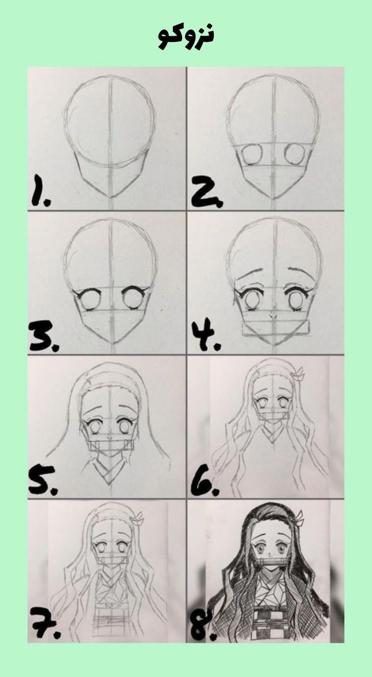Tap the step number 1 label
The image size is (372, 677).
tap(40, 191)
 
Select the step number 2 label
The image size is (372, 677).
tap(207, 191)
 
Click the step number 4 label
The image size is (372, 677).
tap(206, 336)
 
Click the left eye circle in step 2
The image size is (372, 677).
tap(253, 154)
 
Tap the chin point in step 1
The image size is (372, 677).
tap(111, 197)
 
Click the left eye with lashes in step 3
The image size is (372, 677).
tap(87, 300)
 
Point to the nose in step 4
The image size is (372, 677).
tap(273, 315)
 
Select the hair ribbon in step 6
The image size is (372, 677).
tap(297, 375)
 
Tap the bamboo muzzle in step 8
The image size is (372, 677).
tap(272, 560)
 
